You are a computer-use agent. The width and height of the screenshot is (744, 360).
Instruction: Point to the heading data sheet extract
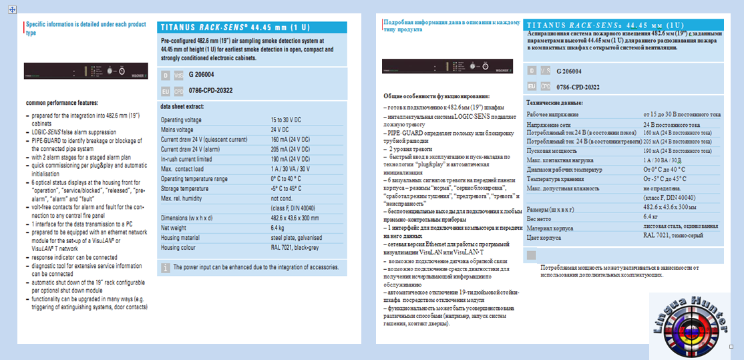182,106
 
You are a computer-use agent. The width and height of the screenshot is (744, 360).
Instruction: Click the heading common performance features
62,103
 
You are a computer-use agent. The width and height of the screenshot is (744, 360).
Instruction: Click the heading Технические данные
554,103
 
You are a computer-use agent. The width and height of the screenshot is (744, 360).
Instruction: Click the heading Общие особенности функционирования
436,96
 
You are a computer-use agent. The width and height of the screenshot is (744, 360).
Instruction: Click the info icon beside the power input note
166,267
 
